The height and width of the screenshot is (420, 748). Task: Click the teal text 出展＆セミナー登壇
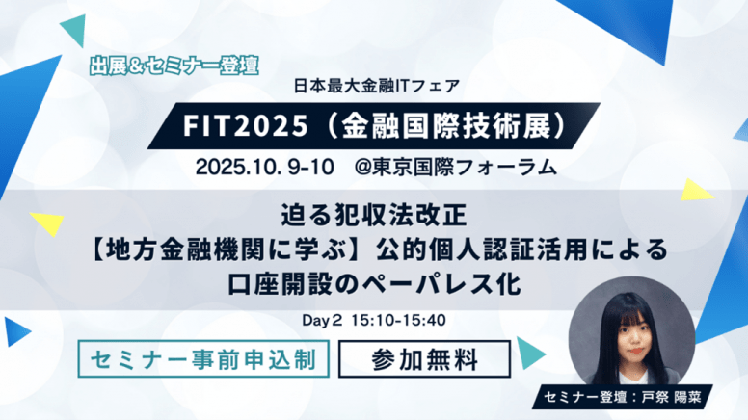(174, 66)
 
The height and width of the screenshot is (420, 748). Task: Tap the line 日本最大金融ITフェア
(376, 87)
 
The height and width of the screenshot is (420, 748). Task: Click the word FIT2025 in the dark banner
(246, 126)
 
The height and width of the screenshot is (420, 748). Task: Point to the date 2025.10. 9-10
(265, 168)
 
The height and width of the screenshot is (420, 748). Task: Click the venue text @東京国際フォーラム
(456, 168)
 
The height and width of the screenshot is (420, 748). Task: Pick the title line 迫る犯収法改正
(374, 215)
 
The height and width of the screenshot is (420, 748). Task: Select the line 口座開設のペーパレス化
(374, 283)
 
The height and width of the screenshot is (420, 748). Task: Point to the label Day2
(322, 321)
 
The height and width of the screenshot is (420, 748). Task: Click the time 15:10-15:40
(398, 321)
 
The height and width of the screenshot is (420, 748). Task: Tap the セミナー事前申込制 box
(203, 359)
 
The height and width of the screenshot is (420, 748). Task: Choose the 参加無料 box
(424, 359)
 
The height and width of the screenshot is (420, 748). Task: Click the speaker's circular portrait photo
(631, 333)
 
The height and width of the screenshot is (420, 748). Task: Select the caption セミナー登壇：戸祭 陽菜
(622, 397)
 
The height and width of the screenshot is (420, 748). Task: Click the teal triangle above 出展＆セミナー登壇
(75, 30)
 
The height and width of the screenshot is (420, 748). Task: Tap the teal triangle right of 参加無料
(529, 353)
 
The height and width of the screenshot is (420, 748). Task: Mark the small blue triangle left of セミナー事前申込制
(15, 331)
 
